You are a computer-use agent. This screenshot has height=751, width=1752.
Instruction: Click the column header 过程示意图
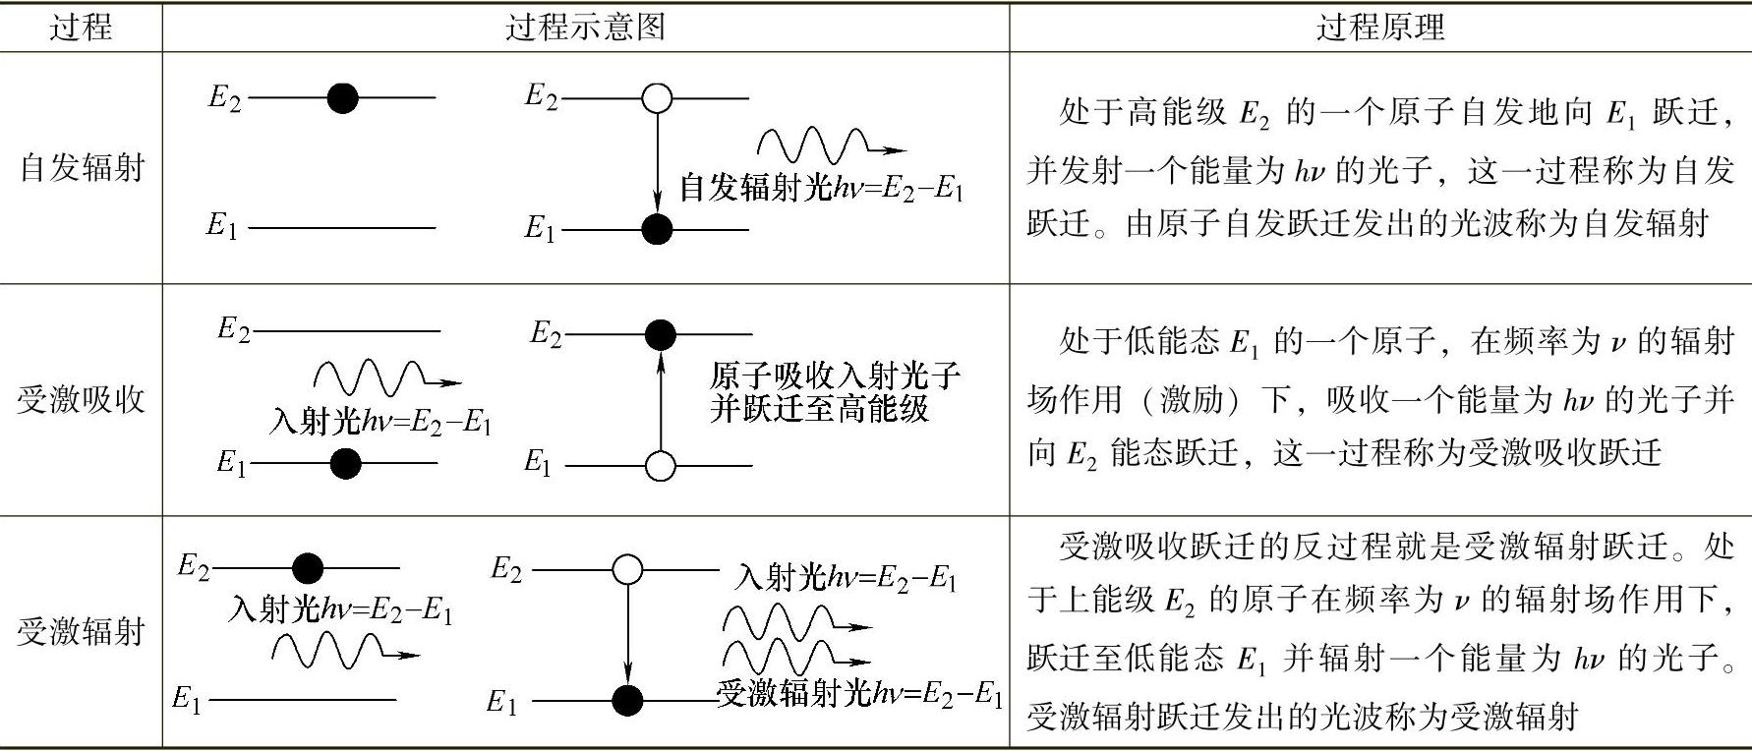tap(585, 27)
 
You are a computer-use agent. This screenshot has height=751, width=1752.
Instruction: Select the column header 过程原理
tap(1379, 27)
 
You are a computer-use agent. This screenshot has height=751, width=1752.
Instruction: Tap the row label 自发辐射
tap(82, 167)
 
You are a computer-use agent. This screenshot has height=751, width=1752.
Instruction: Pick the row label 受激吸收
tap(82, 399)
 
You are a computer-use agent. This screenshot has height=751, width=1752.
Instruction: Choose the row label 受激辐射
tap(82, 630)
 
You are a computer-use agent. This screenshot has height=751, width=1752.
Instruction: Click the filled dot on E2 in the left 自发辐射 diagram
tap(342, 97)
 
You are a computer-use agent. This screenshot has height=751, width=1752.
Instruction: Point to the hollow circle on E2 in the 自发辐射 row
tap(656, 98)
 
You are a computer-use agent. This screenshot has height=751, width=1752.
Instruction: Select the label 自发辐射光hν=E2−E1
tap(822, 188)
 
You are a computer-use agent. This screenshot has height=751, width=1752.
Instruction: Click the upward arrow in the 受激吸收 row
tap(661, 398)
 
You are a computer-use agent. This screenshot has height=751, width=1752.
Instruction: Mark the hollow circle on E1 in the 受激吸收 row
tap(661, 465)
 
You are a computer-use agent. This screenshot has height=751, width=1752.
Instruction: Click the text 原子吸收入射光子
tap(834, 375)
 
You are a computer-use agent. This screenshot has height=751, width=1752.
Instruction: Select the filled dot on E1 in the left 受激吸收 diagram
tap(345, 464)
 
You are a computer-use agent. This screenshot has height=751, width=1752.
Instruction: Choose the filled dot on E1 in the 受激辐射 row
tap(627, 701)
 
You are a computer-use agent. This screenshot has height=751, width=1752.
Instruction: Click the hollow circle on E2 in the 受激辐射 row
tap(627, 569)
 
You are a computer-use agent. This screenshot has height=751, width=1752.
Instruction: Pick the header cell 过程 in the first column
tap(82, 27)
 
